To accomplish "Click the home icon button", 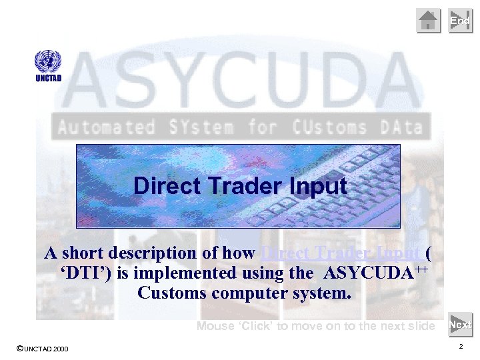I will [429, 21].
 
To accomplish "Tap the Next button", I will [461, 325].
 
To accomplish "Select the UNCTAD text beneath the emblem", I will [48, 78].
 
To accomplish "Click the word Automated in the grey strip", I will [107, 127].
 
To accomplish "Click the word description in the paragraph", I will [154, 253].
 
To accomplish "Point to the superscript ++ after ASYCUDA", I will [418, 267].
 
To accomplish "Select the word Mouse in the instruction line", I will [215, 326].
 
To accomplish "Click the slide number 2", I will [461, 347].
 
